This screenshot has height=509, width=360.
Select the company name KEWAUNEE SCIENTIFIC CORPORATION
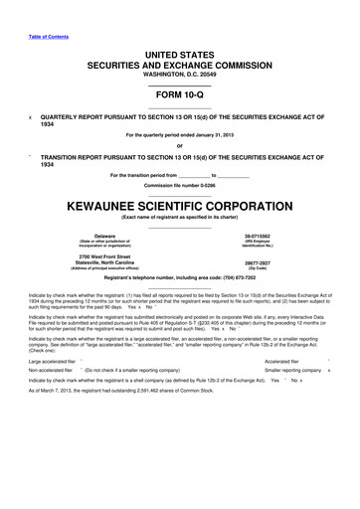click(179, 185)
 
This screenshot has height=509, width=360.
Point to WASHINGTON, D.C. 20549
click(179, 57)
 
